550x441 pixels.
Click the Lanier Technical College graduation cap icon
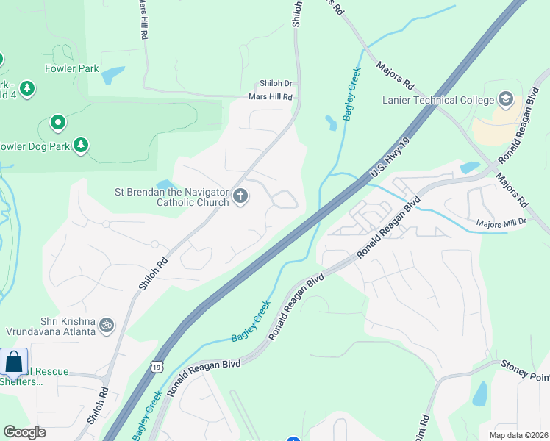505,99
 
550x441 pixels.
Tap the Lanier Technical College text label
438,100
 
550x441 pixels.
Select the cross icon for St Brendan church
240,196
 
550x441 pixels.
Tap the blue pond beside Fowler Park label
113,75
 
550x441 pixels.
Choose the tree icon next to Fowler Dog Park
81,146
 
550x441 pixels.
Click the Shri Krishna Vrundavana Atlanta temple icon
107,324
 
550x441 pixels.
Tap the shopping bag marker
14,362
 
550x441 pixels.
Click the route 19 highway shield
157,365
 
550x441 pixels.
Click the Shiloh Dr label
276,84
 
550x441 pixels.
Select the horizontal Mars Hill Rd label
270,96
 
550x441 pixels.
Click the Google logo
24,432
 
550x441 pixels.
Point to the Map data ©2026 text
518,434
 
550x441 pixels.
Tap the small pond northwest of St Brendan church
165,184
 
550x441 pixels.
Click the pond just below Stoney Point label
479,394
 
